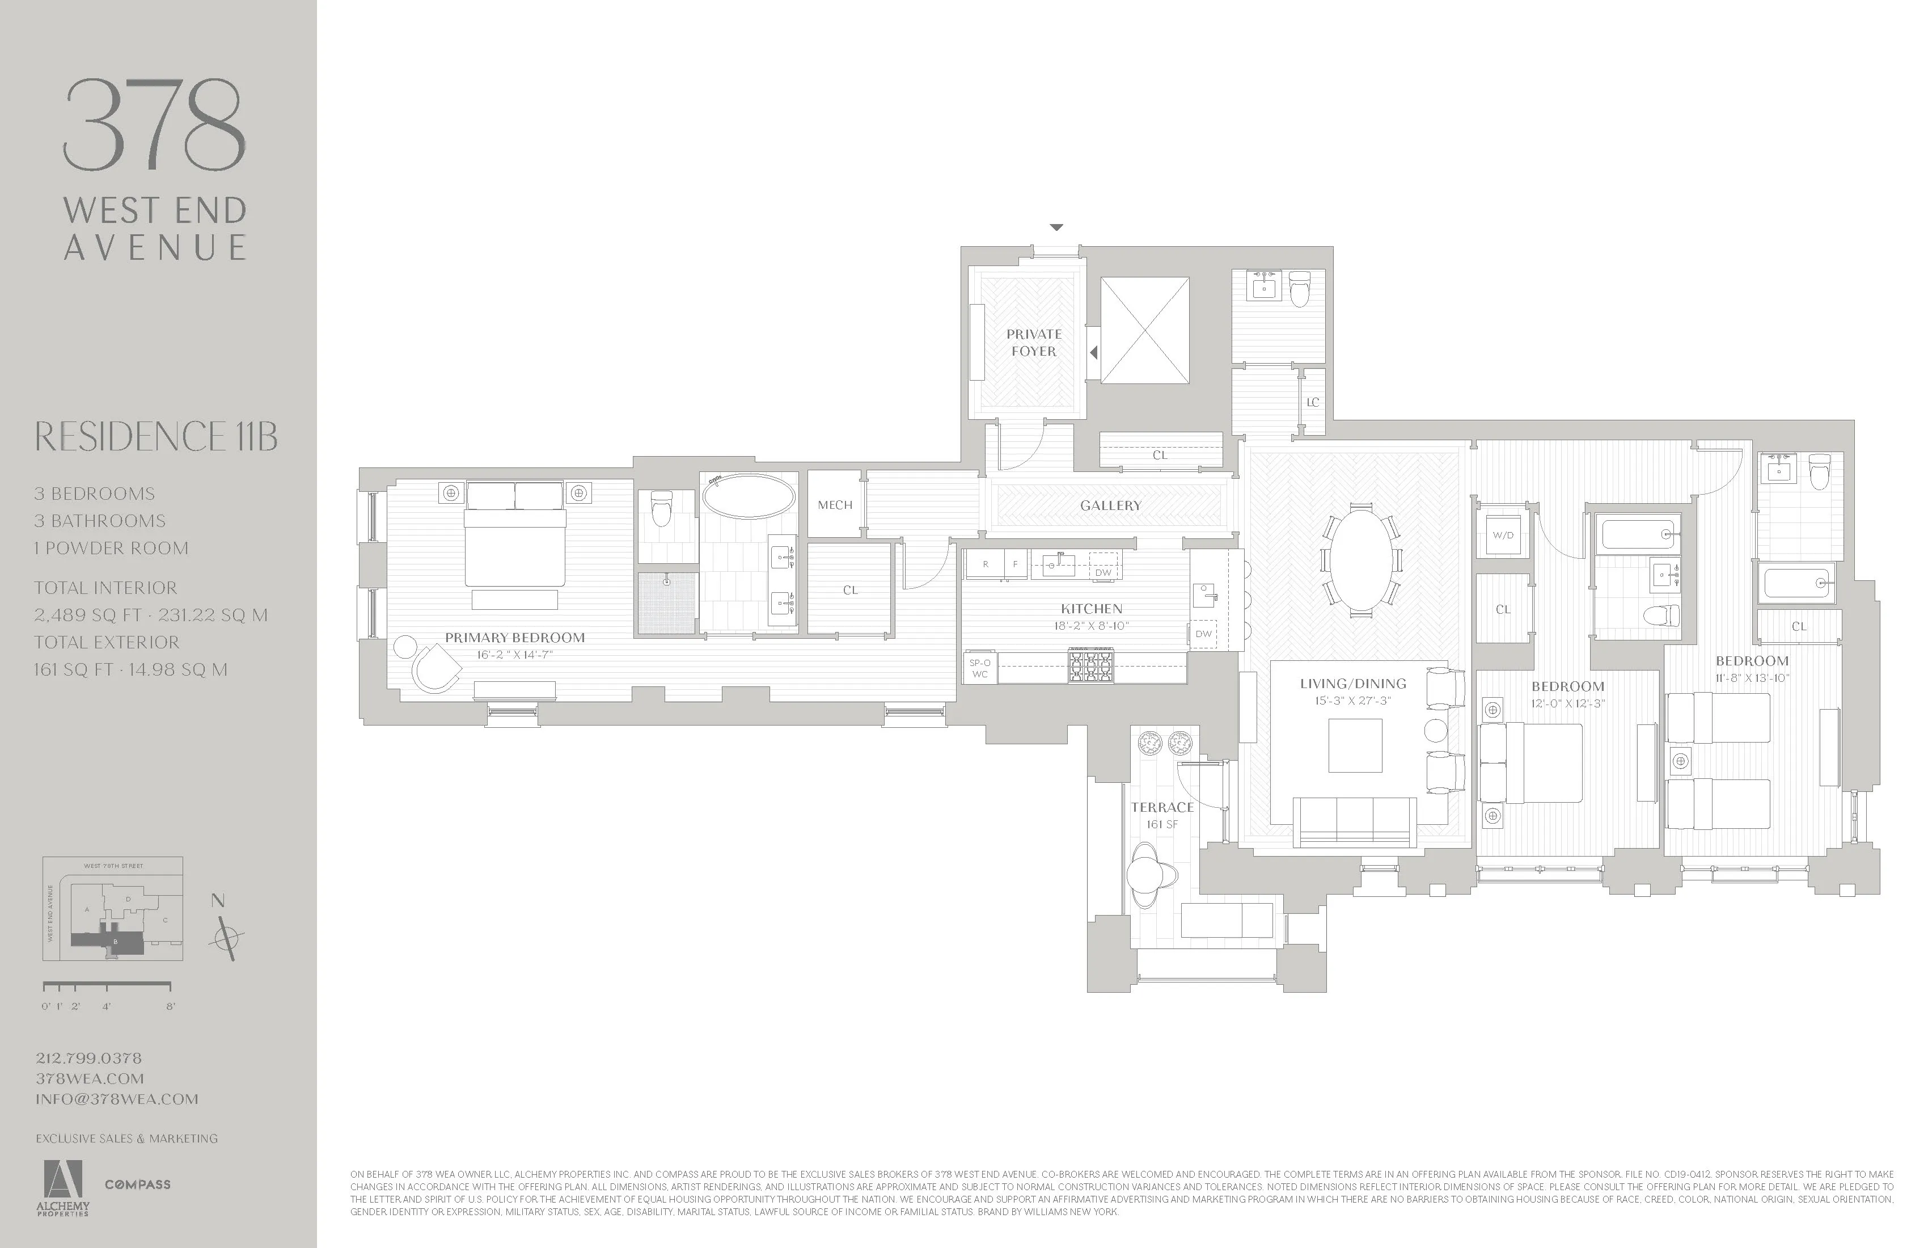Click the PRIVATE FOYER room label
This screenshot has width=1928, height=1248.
(1034, 342)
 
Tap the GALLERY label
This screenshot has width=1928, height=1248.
(1110, 505)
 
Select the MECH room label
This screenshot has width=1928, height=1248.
(834, 505)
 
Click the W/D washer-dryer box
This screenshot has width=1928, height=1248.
(1503, 535)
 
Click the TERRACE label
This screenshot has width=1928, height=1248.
(1162, 807)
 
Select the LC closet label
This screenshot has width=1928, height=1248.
(1312, 402)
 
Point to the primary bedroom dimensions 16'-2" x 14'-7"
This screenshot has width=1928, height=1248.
(514, 655)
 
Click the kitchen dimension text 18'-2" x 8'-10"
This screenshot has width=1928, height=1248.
(1091, 626)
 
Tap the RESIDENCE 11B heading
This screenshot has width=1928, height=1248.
(155, 437)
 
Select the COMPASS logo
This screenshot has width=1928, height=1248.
(138, 1184)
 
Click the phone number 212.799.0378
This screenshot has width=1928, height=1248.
(89, 1057)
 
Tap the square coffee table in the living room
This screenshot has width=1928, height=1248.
(1355, 745)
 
